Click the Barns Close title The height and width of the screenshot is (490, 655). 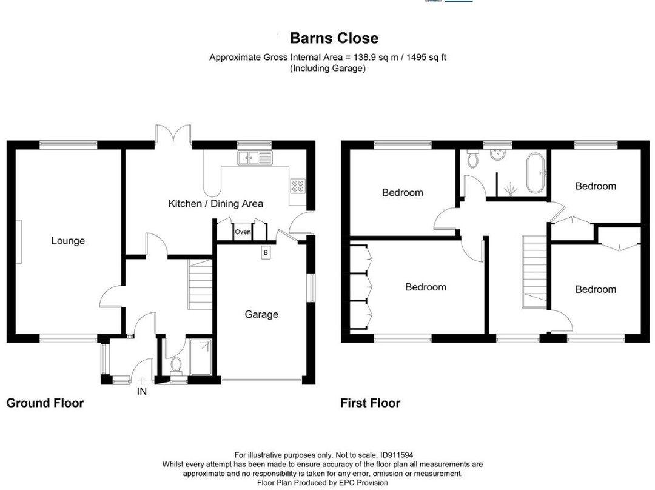coord(334,38)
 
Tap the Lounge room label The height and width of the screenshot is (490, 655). coord(68,241)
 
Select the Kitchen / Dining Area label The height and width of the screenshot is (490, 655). coord(215,204)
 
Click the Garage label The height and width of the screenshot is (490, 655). coord(261,314)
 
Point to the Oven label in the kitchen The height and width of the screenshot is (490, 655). coord(243,232)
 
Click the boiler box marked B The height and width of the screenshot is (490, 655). coord(266,252)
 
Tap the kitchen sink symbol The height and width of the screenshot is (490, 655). coord(256,159)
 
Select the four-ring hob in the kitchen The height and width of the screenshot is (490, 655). coord(298,186)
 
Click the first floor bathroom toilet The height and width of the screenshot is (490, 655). coord(473,159)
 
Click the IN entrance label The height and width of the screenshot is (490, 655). coord(141,392)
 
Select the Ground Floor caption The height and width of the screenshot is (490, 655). coord(45,403)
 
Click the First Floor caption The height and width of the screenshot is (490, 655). coord(370,403)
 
